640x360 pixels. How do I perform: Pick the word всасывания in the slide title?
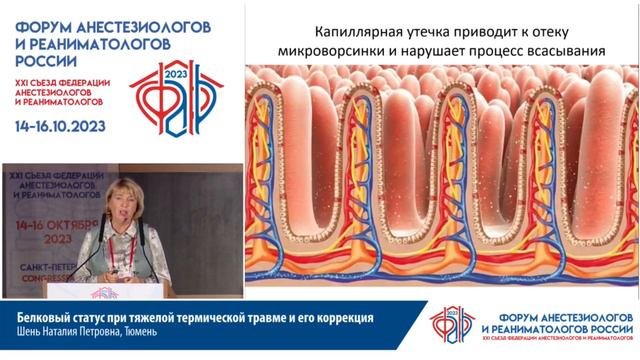560,51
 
